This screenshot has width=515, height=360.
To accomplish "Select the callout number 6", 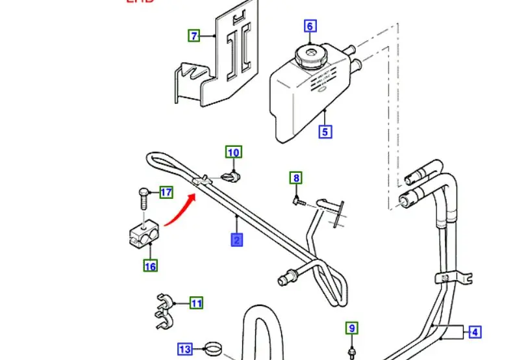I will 310,27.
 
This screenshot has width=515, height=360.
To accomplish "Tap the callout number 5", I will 325,131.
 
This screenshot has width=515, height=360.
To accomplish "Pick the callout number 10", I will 233,153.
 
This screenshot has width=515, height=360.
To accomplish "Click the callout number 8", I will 296,178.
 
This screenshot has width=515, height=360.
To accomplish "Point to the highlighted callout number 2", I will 236,240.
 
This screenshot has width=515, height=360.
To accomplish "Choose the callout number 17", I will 166,192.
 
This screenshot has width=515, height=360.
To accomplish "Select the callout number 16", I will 151,266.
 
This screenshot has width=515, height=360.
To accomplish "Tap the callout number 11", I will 196,302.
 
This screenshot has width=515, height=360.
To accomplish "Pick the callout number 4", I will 475,333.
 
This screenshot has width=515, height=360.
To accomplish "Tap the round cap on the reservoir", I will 310,54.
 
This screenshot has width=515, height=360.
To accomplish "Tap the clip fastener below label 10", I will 232,176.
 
